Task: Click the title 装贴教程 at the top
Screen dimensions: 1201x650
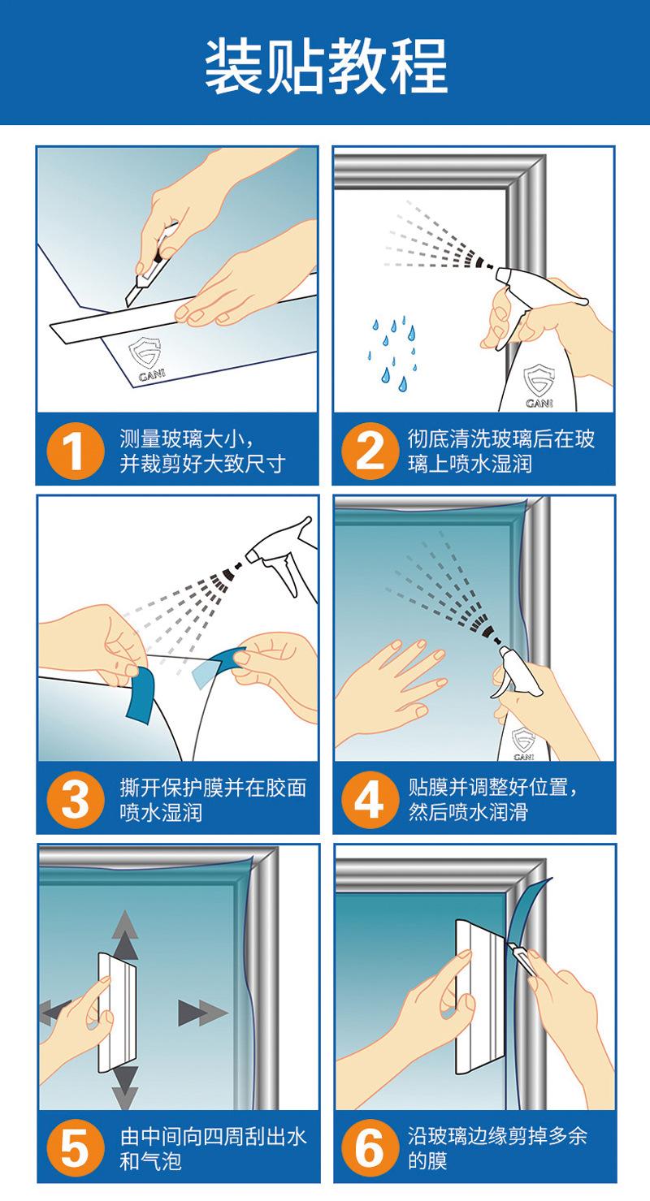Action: coord(325,64)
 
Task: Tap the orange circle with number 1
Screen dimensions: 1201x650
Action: coord(74,451)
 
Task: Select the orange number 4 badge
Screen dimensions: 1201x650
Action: coord(370,800)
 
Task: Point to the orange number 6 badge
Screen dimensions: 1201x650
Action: coord(370,1149)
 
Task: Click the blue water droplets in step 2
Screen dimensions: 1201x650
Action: coord(393,349)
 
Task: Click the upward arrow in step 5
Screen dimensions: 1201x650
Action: coord(124,934)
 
